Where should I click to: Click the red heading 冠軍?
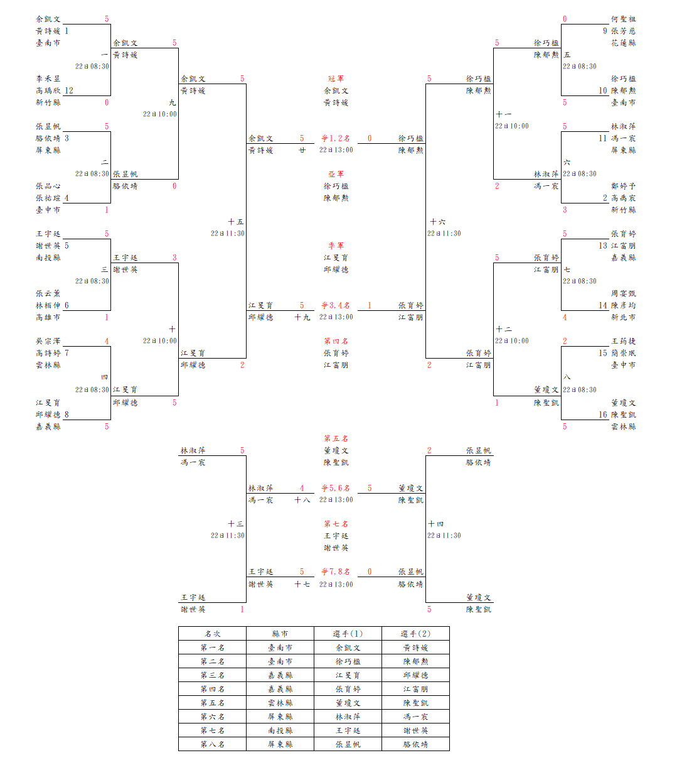point(336,79)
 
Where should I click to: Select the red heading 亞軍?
point(336,174)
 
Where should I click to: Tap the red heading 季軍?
point(336,246)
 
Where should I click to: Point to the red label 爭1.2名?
point(336,138)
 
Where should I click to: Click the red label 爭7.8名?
point(336,572)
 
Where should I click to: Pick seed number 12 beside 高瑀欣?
point(69,90)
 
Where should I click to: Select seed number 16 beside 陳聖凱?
point(603,415)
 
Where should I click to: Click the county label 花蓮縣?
point(623,43)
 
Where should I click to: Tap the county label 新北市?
point(623,317)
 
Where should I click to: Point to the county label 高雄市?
point(48,317)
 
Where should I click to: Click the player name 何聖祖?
point(623,19)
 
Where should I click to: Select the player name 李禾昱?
point(48,79)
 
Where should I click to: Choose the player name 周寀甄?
point(623,293)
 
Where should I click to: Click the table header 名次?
point(212,634)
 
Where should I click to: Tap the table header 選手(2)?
point(415,634)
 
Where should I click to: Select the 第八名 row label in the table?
point(212,744)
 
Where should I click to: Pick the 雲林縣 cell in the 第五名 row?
point(280,703)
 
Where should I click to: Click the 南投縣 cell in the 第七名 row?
point(280,730)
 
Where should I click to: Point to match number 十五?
point(236,222)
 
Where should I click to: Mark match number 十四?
point(436,524)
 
